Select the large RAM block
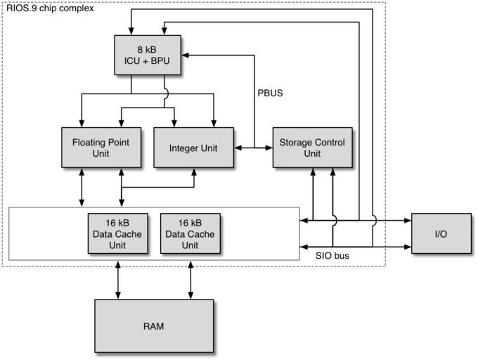pyautogui.click(x=154, y=326)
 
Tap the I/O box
pyautogui.click(x=441, y=233)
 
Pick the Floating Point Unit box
pyautogui.click(x=101, y=147)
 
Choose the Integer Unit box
pyautogui.click(x=193, y=148)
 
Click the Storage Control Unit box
pyautogui.click(x=311, y=147)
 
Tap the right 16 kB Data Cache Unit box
pyautogui.click(x=190, y=234)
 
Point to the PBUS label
pyautogui.click(x=271, y=92)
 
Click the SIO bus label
pyautogui.click(x=332, y=256)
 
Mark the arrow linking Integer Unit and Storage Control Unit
pyautogui.click(x=254, y=148)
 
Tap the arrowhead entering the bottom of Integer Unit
pyautogui.click(x=193, y=172)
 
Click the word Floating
pyautogui.click(x=89, y=141)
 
